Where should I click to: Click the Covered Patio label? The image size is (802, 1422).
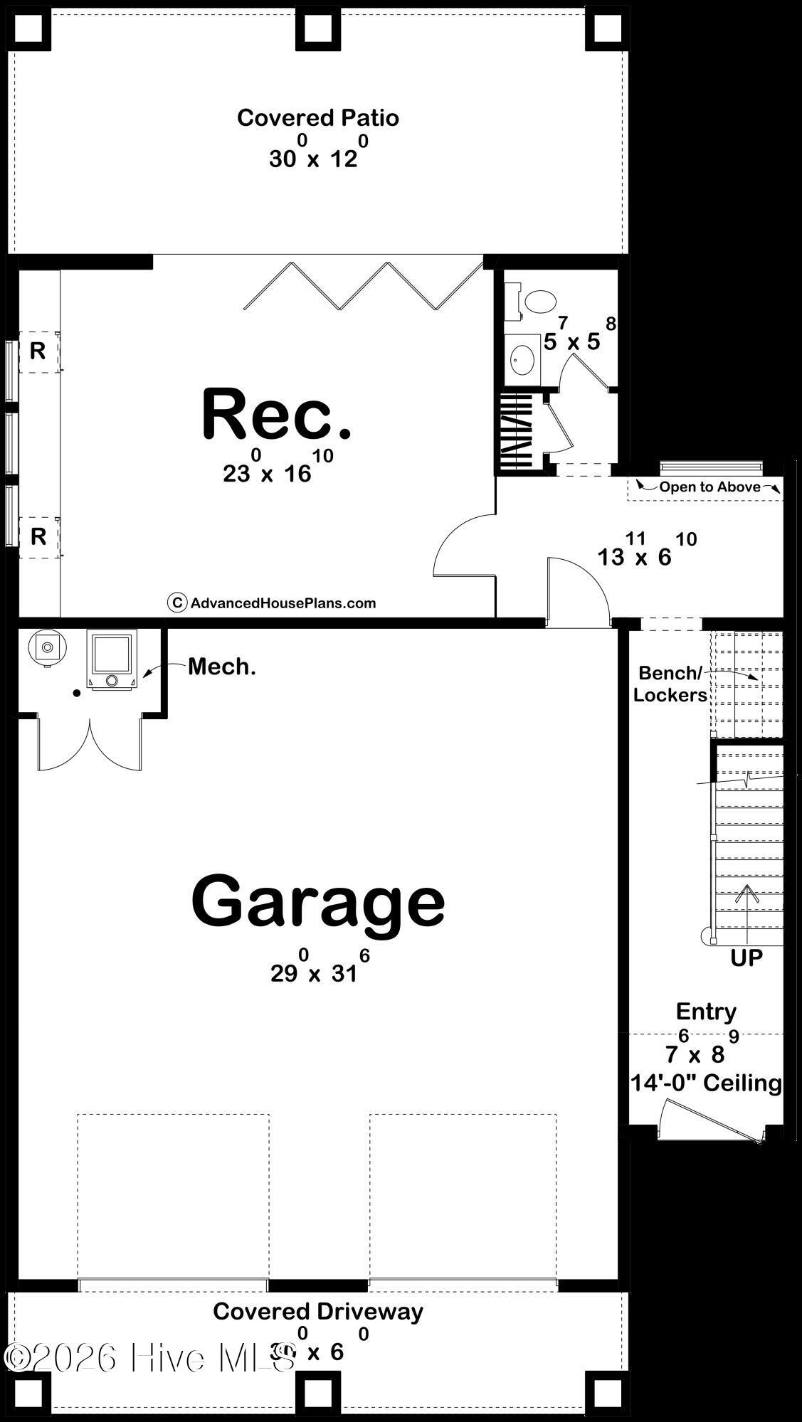[x=317, y=118]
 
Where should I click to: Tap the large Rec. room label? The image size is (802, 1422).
[x=277, y=415]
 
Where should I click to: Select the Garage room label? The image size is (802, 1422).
[x=318, y=901]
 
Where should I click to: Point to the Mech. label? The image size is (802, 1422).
[x=221, y=667]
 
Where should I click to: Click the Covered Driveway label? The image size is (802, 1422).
[x=317, y=1311]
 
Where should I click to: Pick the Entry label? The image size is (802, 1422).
[x=706, y=1011]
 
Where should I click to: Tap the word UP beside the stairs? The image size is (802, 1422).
[x=746, y=958]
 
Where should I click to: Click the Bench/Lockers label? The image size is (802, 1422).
[x=670, y=684]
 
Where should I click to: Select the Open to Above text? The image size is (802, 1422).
[x=709, y=487]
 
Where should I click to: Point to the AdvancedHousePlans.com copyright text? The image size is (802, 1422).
[x=283, y=603]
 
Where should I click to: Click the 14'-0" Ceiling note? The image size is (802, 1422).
[x=706, y=1083]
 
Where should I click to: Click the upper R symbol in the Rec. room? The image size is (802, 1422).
[x=38, y=351]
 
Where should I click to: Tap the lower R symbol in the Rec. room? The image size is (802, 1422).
[x=38, y=536]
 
